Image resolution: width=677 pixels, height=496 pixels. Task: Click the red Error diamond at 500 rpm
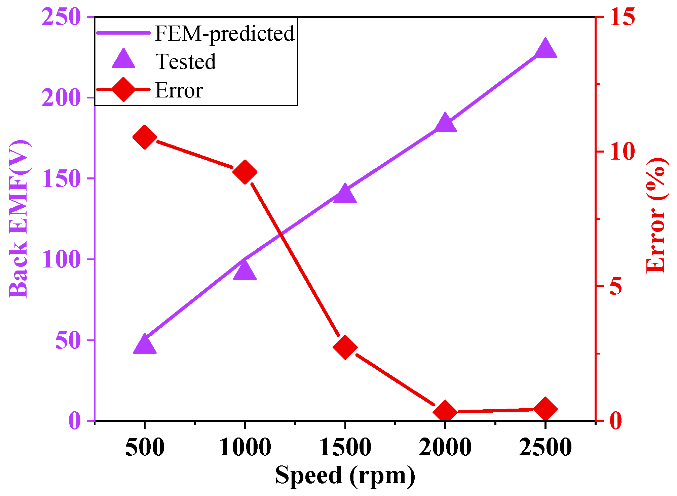click(145, 137)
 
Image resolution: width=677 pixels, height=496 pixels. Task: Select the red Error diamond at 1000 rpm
click(245, 172)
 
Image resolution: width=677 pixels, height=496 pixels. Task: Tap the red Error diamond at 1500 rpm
click(345, 347)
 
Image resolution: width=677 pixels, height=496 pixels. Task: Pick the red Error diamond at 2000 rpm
click(445, 412)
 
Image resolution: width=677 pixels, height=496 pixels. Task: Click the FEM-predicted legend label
click(225, 34)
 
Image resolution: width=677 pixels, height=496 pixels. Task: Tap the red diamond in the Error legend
click(123, 89)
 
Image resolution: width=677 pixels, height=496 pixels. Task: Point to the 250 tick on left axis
click(61, 17)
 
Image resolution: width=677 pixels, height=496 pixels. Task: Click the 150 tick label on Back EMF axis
click(61, 178)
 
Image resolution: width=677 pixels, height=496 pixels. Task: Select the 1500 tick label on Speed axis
click(345, 448)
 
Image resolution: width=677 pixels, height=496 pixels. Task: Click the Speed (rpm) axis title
click(345, 475)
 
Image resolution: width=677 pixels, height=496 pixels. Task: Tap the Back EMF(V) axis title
click(18, 218)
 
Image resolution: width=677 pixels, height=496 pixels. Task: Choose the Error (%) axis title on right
click(656, 215)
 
